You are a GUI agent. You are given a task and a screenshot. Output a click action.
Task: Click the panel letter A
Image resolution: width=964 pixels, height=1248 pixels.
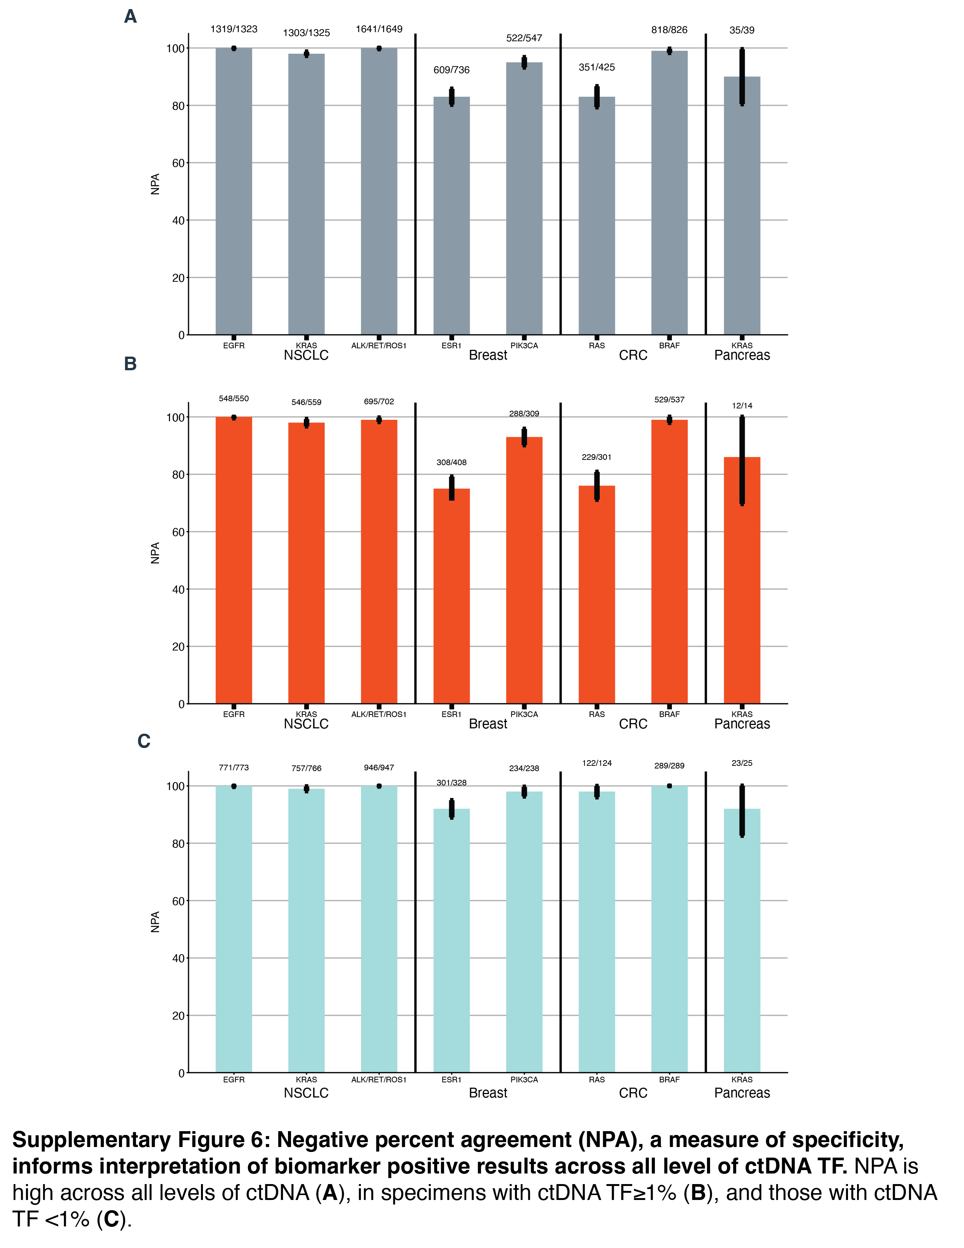tap(130, 17)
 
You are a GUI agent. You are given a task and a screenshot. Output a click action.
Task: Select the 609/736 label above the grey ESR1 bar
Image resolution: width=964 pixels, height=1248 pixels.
tap(451, 70)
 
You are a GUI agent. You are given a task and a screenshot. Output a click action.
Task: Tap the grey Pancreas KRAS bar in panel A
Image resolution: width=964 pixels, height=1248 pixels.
tap(741, 206)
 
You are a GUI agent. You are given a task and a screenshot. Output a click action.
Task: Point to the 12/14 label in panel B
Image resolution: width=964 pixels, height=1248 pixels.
tap(742, 406)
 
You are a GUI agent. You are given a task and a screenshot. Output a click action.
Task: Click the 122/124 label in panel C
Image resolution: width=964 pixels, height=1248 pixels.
tap(597, 763)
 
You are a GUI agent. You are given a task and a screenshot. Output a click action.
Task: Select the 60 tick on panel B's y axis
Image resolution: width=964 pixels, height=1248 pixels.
tap(178, 532)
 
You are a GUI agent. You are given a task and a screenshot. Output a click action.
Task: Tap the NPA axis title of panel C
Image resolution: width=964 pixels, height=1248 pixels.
tap(155, 922)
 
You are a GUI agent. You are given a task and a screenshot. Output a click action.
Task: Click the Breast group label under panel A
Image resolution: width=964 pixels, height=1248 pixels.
tap(488, 355)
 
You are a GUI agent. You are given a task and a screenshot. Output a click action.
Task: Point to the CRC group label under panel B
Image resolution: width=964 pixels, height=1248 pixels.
tap(633, 724)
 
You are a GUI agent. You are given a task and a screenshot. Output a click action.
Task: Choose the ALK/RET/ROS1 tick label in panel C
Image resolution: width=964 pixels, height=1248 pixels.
tap(379, 1079)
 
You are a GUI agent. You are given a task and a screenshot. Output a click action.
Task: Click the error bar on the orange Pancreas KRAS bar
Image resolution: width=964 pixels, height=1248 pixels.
tap(742, 460)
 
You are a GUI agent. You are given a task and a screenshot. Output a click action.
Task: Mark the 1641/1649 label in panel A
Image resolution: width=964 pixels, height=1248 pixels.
tap(379, 29)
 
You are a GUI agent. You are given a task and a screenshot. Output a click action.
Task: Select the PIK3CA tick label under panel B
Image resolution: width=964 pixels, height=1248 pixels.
tap(524, 714)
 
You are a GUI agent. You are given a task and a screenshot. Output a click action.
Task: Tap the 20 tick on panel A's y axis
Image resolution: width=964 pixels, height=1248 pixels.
tap(178, 278)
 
